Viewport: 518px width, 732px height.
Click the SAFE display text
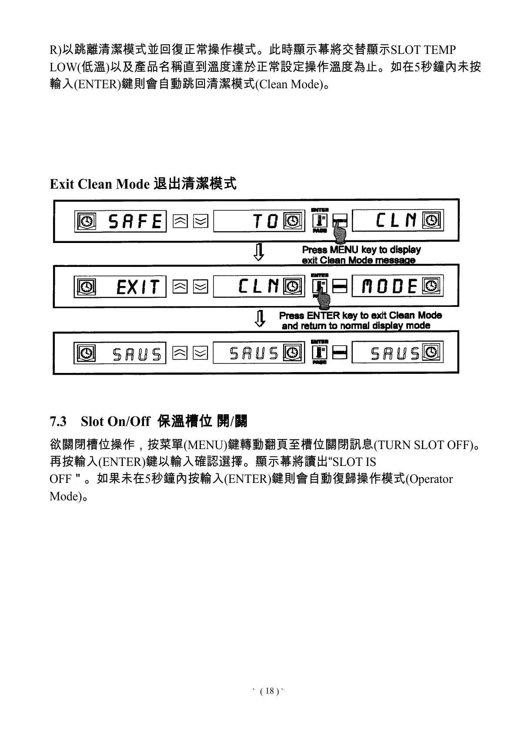point(135,222)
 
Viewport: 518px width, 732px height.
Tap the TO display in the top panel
point(265,222)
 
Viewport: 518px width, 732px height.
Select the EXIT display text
point(137,287)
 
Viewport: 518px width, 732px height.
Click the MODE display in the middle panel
point(390,287)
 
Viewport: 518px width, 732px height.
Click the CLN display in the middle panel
point(258,286)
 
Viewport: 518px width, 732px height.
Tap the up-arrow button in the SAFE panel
point(180,222)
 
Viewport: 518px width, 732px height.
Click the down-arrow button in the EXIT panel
point(200,287)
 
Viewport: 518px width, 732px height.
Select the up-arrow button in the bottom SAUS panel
point(180,353)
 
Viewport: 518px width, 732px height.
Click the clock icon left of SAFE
point(86,222)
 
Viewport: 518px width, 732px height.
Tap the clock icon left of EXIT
point(86,287)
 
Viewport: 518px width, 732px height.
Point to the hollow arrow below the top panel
point(259,252)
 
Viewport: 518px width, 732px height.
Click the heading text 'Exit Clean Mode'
point(100,184)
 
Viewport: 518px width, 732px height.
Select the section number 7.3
point(58,421)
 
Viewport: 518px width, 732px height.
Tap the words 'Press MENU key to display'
point(361,250)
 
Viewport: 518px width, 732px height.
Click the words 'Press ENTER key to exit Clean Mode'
point(360,315)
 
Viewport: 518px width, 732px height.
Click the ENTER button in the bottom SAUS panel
point(320,353)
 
